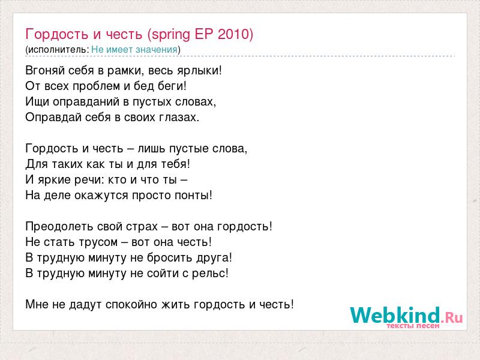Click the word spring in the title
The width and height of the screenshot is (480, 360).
171,35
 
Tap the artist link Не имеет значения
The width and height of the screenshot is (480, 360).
134,49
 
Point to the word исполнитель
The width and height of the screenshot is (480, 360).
57,50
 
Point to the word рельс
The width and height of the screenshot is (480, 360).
208,274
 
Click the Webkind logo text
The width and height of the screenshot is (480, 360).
406,315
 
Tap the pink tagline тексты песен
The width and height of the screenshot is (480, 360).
413,326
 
